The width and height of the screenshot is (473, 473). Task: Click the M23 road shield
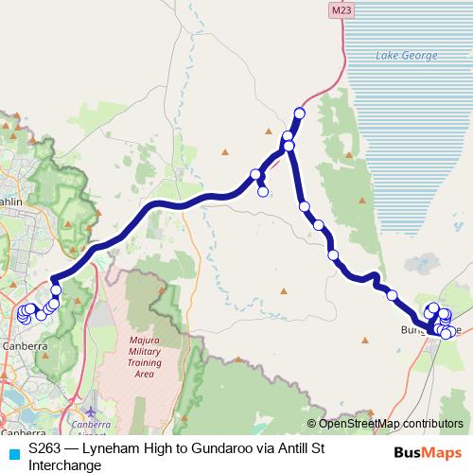pos(342,9)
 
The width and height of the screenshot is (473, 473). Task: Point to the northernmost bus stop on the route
pos(300,114)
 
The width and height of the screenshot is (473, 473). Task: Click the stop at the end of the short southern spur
pos(263,192)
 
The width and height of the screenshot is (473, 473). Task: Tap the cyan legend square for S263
pos(13,453)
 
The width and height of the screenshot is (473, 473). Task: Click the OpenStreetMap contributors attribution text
pos(391,424)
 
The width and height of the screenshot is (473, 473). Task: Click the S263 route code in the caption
pos(45,450)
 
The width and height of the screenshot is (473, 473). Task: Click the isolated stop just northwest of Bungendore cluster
pos(393,296)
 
